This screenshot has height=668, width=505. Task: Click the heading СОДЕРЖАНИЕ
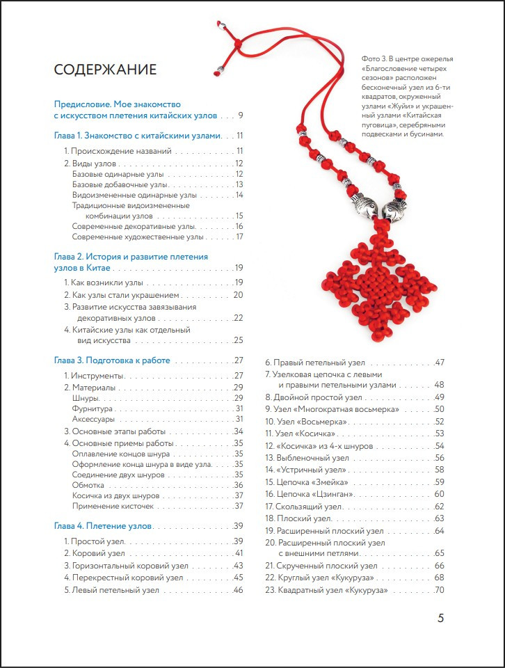click(105, 70)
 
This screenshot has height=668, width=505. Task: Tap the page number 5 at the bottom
click(440, 618)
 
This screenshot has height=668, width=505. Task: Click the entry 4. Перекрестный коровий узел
click(124, 578)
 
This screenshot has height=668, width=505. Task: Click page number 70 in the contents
click(439, 591)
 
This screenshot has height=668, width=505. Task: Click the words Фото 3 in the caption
click(374, 59)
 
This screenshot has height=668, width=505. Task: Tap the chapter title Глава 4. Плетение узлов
click(103, 525)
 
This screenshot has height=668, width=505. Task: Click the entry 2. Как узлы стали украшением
click(122, 295)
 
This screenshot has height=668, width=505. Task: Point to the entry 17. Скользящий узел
click(305, 507)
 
